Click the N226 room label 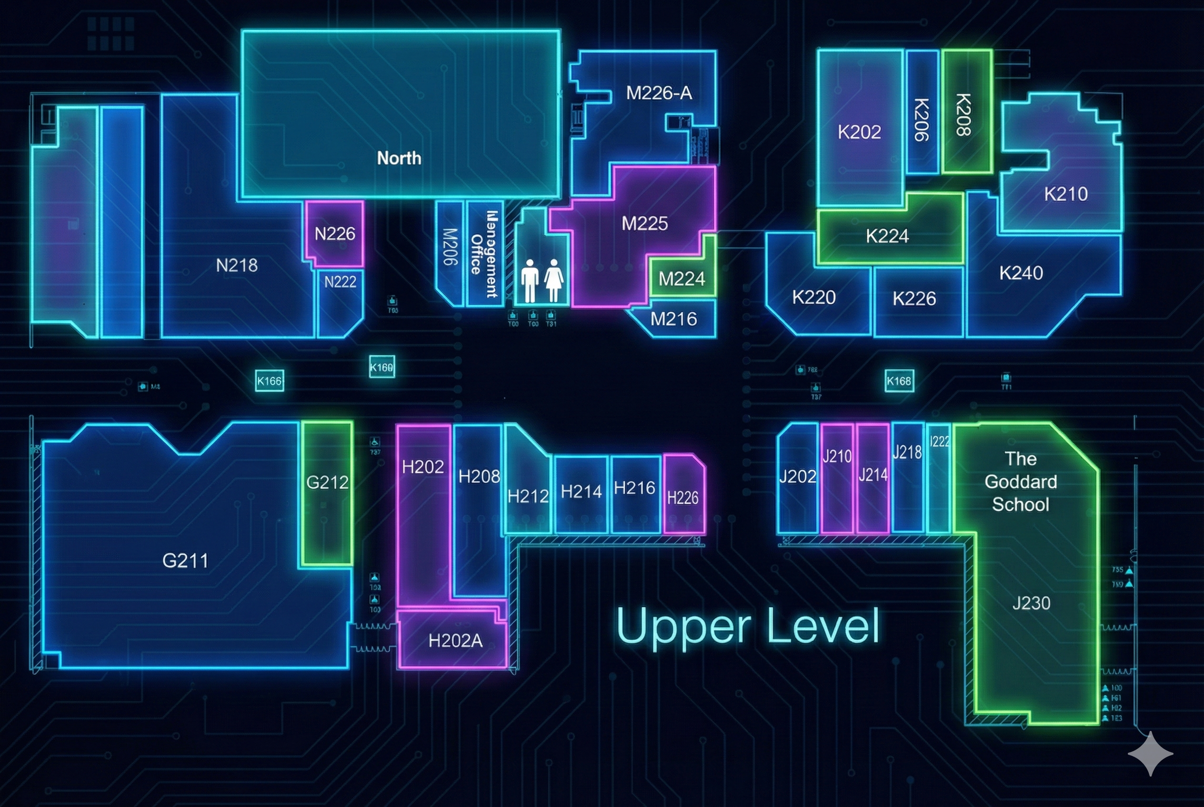point(335,234)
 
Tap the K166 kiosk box point(269,381)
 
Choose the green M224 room point(682,279)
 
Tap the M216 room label point(674,319)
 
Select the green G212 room point(327,493)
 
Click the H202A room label point(455,641)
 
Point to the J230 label point(1031,602)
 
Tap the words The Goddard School point(1020,481)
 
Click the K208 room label point(964,114)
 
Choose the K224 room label point(887,236)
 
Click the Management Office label point(484,253)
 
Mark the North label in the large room point(399,158)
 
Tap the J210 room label point(837,456)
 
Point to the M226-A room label point(659,93)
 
